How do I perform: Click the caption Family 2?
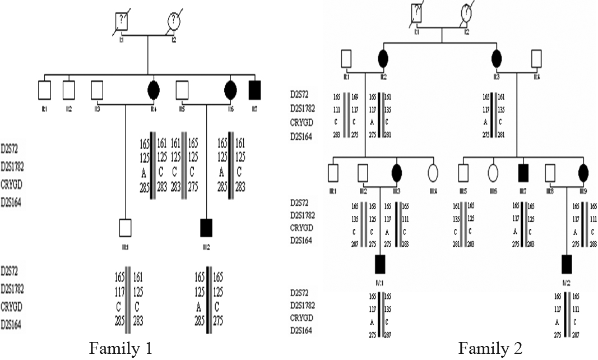(490, 349)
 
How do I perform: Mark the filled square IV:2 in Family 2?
(567, 263)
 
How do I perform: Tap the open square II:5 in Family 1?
(182, 89)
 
